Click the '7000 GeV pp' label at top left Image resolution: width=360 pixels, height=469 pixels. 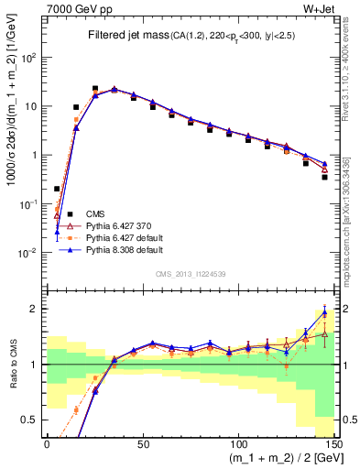[x=70, y=8]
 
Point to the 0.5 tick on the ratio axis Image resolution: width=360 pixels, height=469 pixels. [x=29, y=420]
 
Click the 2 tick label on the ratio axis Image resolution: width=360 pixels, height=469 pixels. [x=34, y=309]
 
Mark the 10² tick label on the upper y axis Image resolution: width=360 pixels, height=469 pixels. [x=27, y=57]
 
